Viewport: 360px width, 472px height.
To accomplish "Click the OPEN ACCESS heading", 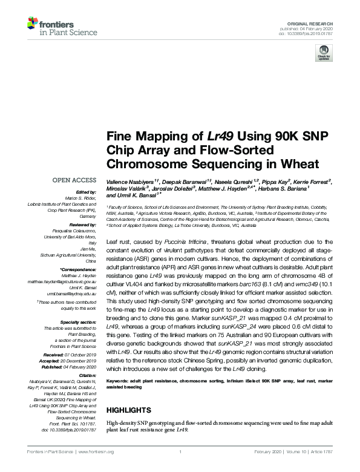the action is (74, 180).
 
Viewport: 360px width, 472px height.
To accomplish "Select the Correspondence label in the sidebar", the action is (78, 268).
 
